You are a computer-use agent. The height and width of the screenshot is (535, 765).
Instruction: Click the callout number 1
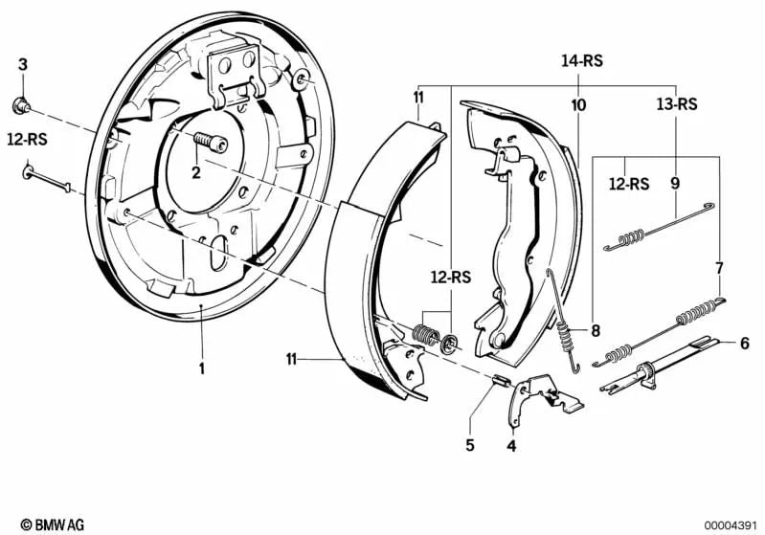202,367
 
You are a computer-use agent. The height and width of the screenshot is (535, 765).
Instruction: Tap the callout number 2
195,173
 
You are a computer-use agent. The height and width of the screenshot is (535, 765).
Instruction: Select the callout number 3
23,64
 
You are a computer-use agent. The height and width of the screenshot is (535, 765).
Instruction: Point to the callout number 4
511,445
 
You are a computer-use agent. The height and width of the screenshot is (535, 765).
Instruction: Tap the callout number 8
595,331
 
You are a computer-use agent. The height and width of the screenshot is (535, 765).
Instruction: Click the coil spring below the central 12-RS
424,334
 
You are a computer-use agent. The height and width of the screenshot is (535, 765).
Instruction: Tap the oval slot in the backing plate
218,254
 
